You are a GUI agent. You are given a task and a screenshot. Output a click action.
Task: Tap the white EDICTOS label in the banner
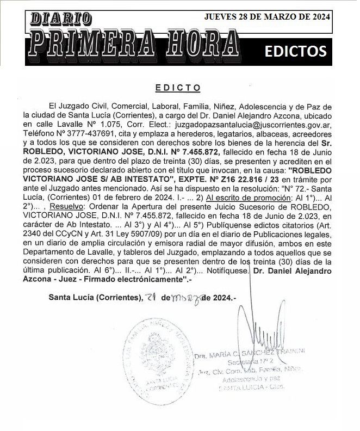point(295,51)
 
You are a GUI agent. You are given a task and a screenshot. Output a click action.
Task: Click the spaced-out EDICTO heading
point(178,88)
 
